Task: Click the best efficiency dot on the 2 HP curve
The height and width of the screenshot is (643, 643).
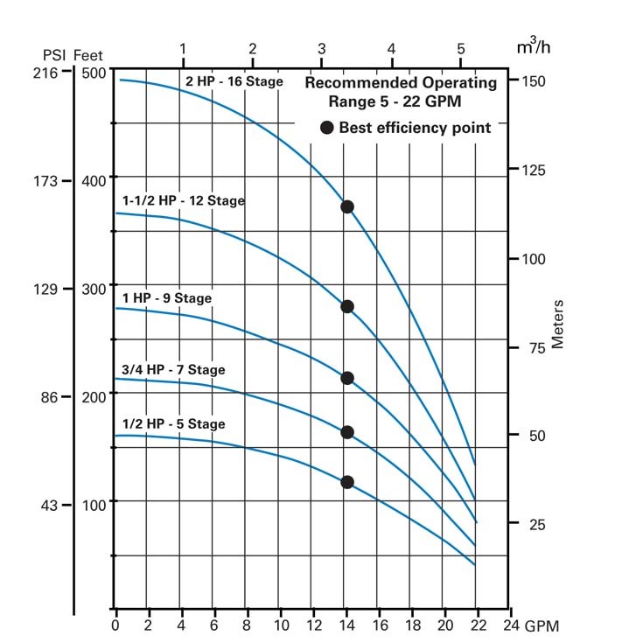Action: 347,207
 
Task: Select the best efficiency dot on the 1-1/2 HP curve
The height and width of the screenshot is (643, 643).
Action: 347,307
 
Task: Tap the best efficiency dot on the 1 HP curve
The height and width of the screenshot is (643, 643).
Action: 347,379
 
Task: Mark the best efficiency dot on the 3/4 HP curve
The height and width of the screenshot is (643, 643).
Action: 347,432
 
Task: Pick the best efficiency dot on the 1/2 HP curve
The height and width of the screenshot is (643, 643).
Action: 347,482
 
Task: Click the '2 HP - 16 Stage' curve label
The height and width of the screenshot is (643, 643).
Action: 234,82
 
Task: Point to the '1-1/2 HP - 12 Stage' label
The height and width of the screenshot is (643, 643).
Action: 184,201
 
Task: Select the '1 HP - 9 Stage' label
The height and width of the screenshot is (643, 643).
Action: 167,298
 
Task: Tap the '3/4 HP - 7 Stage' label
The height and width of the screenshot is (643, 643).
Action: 173,370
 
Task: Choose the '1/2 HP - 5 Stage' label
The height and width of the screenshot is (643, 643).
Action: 173,424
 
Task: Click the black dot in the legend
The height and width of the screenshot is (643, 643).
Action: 327,128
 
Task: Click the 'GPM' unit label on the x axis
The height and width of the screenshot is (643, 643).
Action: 542,626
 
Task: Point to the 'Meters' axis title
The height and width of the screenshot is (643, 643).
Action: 558,325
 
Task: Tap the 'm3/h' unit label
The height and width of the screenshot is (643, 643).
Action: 534,46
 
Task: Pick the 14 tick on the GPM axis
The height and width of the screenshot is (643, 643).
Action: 347,626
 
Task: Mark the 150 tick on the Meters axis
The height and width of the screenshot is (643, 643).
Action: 534,81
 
